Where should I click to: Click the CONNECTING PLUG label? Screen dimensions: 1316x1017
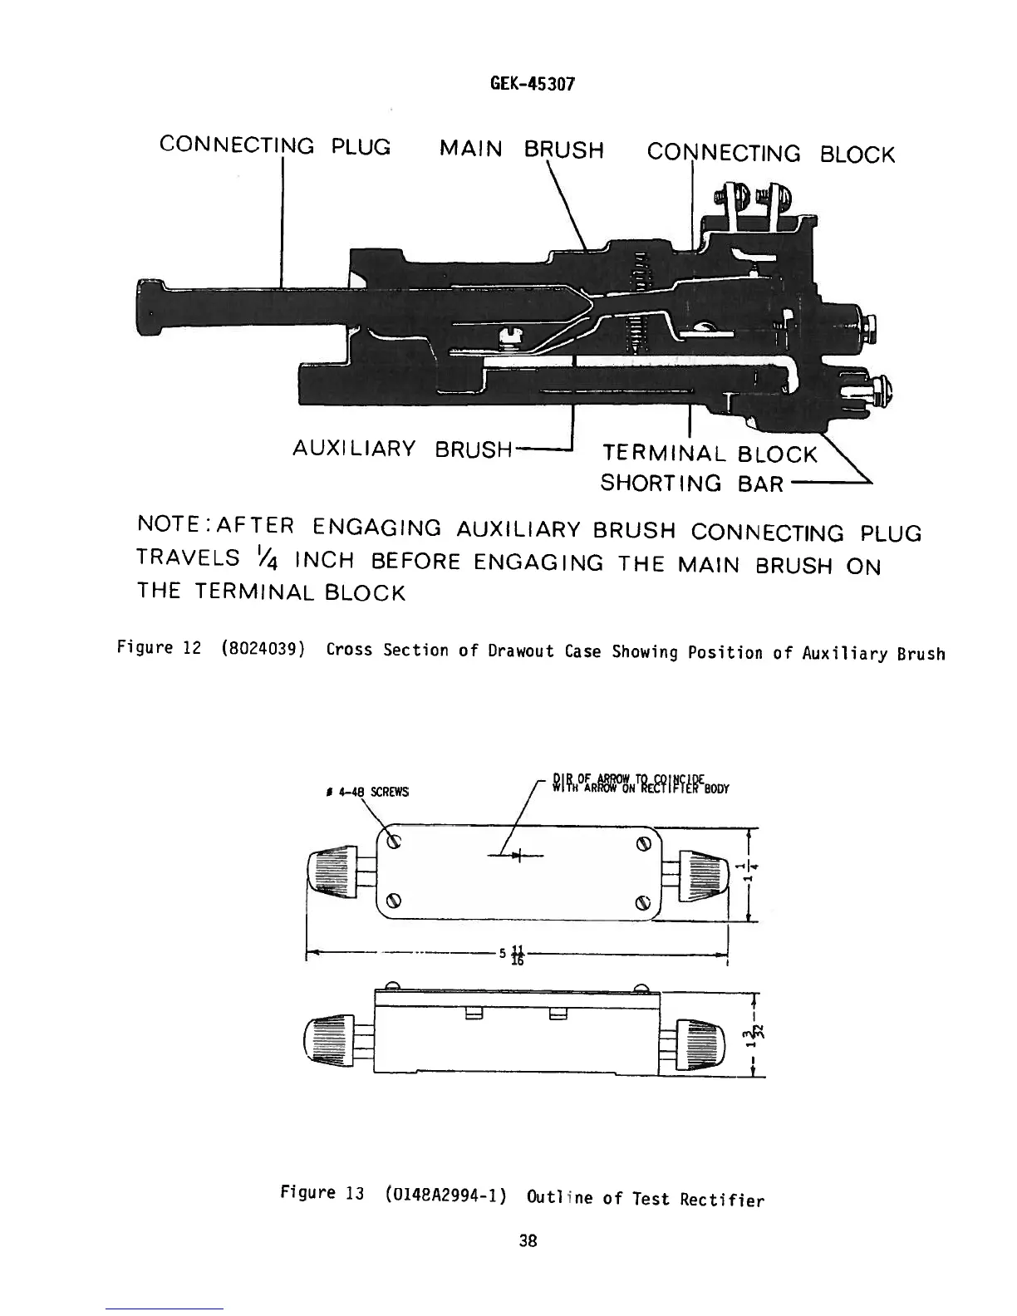(274, 147)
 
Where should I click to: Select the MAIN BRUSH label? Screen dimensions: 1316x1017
(521, 150)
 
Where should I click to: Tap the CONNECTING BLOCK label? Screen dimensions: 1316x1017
(770, 154)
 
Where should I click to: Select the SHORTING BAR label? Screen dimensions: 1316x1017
(691, 483)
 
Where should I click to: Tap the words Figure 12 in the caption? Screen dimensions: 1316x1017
(159, 648)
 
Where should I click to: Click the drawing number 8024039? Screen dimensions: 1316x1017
(262, 650)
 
